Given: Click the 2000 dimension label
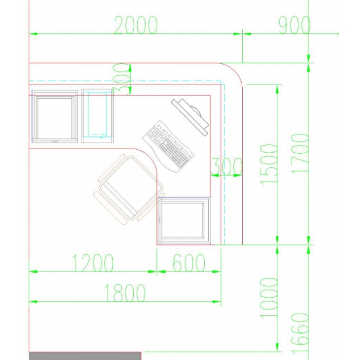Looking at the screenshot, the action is [x=136, y=25].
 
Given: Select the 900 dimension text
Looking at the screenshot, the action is [x=294, y=25].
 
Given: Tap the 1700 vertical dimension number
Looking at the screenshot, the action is [x=300, y=154].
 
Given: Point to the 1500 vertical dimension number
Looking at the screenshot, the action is [x=268, y=164].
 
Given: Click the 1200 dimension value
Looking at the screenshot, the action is [x=93, y=263].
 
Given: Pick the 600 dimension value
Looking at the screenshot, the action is [x=189, y=263].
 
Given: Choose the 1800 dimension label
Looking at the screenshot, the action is [x=124, y=293].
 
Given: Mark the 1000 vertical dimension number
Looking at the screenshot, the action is [x=268, y=298].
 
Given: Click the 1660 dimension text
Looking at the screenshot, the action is [x=300, y=333].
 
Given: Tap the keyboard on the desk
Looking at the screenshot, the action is [x=169, y=146].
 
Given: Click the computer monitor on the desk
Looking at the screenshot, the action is [x=190, y=117].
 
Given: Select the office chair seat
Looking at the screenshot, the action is [x=129, y=190].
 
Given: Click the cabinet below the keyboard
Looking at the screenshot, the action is [x=184, y=221].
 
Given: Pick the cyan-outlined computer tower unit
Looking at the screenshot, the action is [x=97, y=116].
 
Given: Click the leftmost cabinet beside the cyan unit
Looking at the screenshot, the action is [x=55, y=116].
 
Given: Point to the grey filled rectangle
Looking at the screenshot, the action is [x=85, y=356].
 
